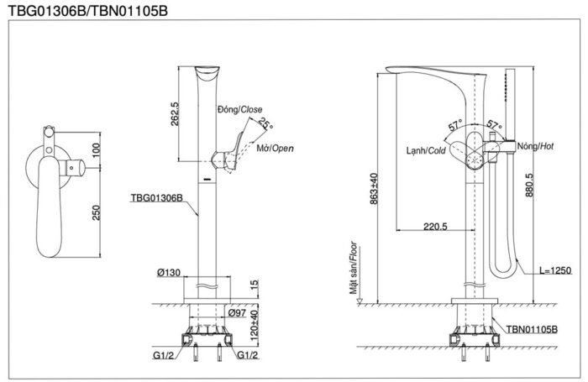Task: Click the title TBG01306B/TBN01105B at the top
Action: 88,11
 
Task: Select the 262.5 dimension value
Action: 175,113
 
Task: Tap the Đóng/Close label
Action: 240,109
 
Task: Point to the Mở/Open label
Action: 275,149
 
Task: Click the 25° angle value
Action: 265,123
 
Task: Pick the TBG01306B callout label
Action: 156,197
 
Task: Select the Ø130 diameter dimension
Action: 169,273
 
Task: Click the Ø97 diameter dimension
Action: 237,312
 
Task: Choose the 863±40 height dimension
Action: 374,189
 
